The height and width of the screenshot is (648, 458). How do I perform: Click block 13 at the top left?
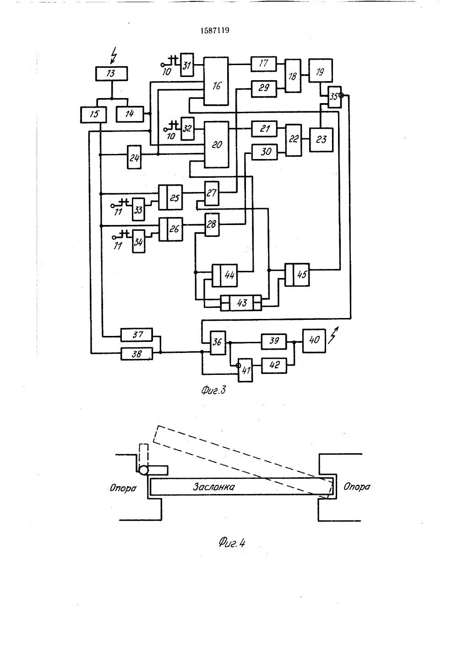111,73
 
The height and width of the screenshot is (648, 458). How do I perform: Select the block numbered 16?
216,81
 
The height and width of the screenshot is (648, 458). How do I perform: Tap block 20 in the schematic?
217,145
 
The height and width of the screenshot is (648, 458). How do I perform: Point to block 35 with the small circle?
335,97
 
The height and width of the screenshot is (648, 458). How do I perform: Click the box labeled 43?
241,303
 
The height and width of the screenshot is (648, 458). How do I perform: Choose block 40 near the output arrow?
314,341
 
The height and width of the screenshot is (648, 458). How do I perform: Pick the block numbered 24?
134,157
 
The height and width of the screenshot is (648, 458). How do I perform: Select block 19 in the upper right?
320,71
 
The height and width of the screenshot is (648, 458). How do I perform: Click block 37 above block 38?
136,335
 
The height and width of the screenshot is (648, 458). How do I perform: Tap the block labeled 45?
297,275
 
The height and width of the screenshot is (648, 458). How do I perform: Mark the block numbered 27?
212,193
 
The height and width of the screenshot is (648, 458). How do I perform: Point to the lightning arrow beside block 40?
333,335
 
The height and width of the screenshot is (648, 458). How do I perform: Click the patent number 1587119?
215,31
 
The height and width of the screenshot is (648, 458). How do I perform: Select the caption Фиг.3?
213,390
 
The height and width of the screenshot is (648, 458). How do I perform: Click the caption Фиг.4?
232,543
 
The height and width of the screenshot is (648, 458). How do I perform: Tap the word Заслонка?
214,487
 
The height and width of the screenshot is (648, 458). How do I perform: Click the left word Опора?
123,489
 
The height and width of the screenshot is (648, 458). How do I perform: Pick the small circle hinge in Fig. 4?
144,471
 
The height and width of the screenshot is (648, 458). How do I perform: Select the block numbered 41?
245,370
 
